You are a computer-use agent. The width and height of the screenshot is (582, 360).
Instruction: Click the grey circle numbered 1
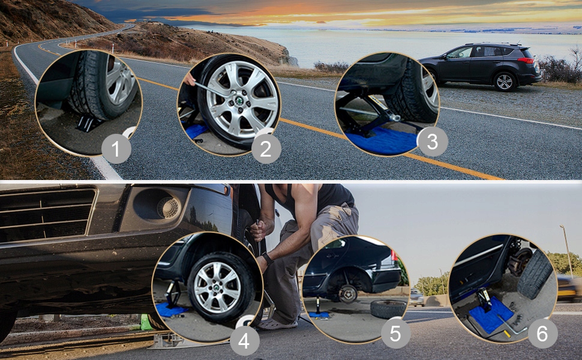coord(116,149)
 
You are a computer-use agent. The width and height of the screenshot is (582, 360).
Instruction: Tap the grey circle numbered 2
coord(266,149)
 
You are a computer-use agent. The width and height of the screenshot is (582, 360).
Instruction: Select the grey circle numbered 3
coord(433,142)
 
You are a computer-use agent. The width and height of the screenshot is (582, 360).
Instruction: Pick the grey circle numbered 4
coord(245,341)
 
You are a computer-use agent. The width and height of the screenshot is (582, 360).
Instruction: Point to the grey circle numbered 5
coord(395,334)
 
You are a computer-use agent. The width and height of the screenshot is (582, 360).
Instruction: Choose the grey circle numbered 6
coord(542,333)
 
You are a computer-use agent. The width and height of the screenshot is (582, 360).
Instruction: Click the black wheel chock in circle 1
coord(88,123)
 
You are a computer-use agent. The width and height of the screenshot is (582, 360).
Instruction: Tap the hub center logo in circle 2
coord(239,100)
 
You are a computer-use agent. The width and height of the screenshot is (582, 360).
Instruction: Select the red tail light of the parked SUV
coord(526,60)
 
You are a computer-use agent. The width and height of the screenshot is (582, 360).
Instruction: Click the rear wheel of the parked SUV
coord(505,82)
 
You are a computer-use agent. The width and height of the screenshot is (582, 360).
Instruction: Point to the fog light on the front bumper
coord(169,208)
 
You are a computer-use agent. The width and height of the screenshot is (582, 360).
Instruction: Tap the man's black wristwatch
coord(267,259)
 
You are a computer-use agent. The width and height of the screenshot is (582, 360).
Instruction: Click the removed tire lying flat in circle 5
coord(389,309)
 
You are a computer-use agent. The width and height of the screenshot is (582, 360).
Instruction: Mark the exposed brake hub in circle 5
coord(347,293)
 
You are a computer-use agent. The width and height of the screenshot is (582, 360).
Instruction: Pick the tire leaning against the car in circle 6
coord(535,274)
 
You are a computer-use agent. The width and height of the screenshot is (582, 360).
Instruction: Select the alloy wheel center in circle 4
coord(217,287)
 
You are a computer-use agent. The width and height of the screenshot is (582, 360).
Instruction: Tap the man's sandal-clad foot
coord(276,323)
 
